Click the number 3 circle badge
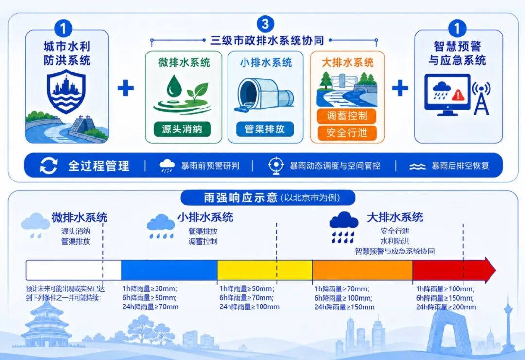[x=265, y=24]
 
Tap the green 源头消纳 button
[x=182, y=129]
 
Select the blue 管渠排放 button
[x=265, y=129]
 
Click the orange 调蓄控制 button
[x=347, y=116]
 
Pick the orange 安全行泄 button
[x=347, y=133]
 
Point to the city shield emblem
[x=66, y=91]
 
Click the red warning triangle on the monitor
[x=458, y=94]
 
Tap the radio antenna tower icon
[x=481, y=98]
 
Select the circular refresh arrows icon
[x=49, y=165]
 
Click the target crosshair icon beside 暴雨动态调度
[x=276, y=165]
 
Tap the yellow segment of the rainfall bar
[x=265, y=270]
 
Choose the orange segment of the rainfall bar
[x=362, y=270]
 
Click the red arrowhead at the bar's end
[x=490, y=270]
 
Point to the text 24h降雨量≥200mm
[x=446, y=307]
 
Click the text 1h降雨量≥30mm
[x=150, y=288]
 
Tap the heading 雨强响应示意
[x=241, y=198]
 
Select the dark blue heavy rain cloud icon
[x=344, y=227]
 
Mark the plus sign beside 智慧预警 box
[x=400, y=88]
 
